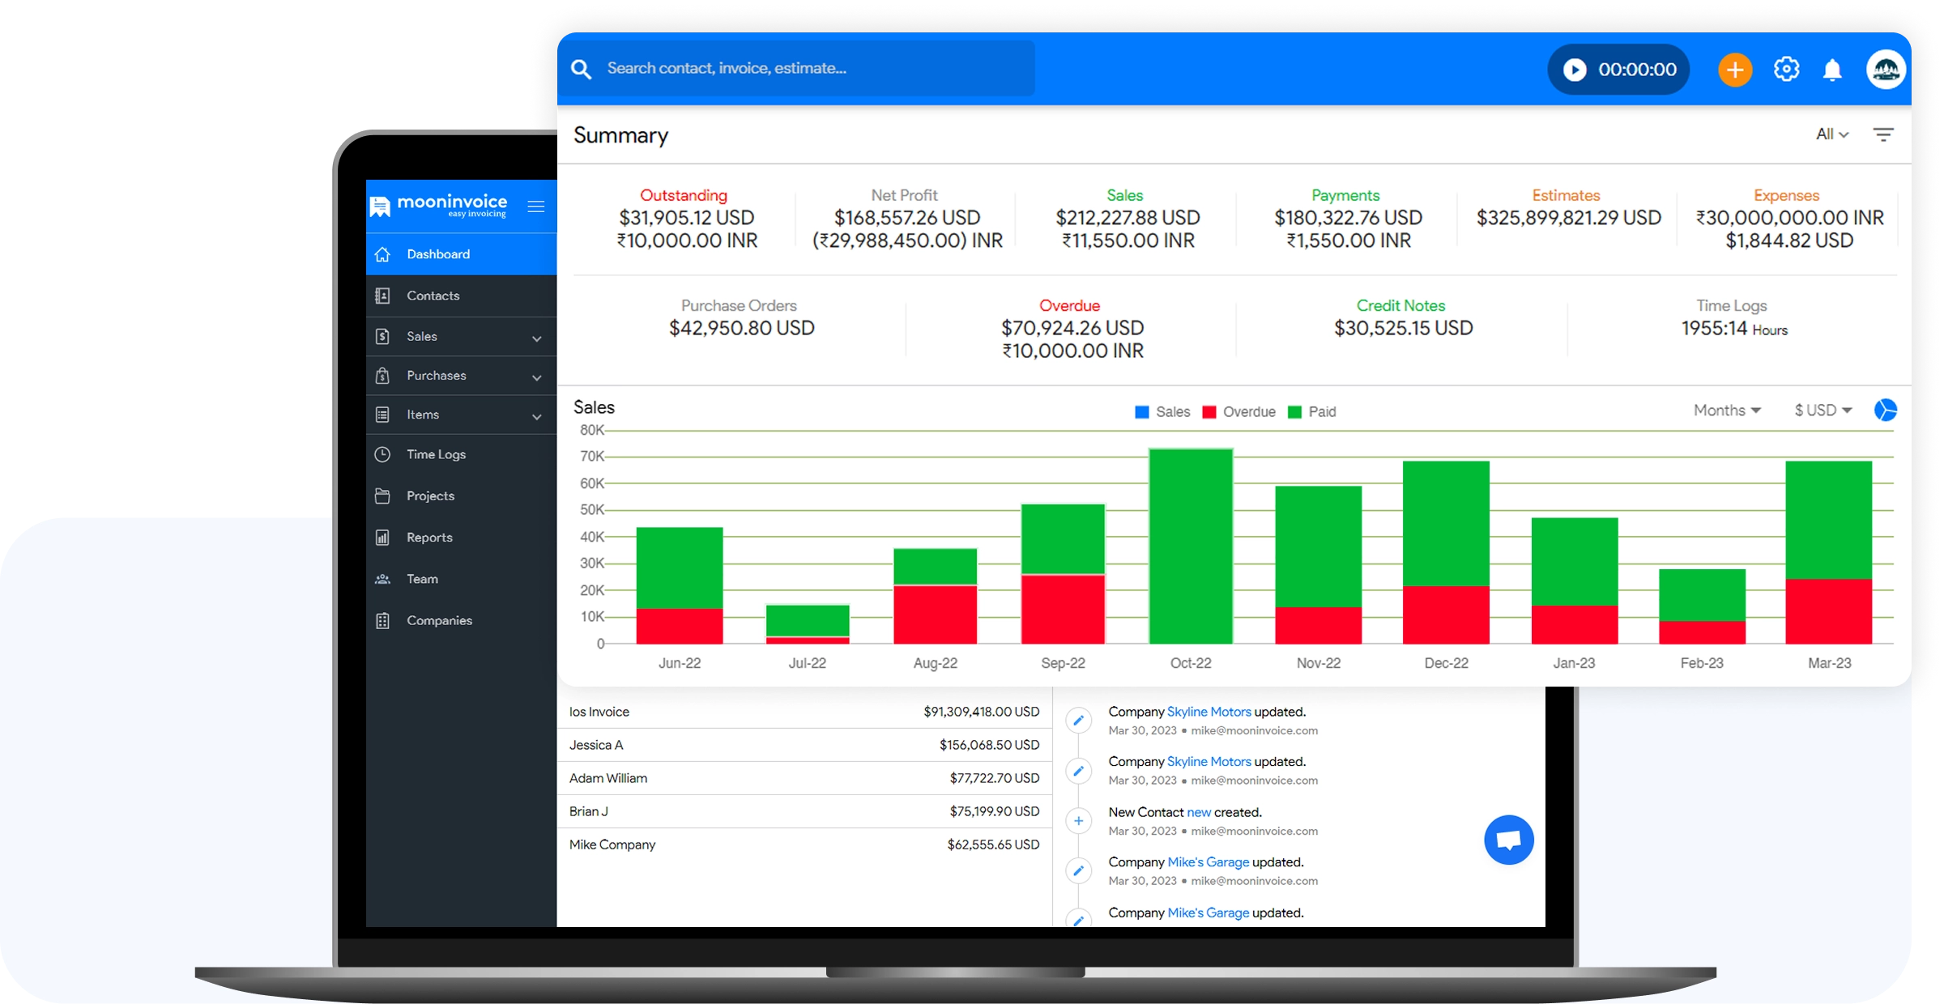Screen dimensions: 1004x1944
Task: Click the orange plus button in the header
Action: pos(1734,70)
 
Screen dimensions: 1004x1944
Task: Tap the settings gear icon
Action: pos(1786,70)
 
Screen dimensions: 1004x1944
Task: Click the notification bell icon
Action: pos(1832,70)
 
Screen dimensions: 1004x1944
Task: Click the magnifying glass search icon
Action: pos(581,69)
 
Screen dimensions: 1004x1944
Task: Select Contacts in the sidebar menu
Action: pos(433,296)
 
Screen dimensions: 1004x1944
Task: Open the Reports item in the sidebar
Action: pos(429,538)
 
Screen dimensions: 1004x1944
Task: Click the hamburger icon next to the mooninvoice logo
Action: pos(535,206)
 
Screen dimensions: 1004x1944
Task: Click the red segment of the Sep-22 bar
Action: pos(1063,609)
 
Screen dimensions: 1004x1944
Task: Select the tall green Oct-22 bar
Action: pos(1191,547)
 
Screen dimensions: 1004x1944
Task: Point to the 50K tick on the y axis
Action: pos(592,510)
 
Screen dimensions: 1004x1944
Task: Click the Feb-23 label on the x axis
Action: pos(1702,663)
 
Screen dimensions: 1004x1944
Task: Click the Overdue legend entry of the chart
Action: pos(1239,412)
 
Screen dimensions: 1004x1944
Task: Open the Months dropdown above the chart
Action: pos(1726,411)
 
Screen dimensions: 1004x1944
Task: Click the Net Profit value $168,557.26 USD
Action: pos(907,218)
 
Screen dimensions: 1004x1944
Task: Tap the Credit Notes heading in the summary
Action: pos(1400,306)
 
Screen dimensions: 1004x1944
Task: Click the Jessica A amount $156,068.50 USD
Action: pos(989,745)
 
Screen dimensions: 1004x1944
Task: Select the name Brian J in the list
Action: pos(588,811)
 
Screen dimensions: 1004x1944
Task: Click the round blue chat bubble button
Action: pos(1508,840)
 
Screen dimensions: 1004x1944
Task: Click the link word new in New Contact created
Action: pos(1199,812)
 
